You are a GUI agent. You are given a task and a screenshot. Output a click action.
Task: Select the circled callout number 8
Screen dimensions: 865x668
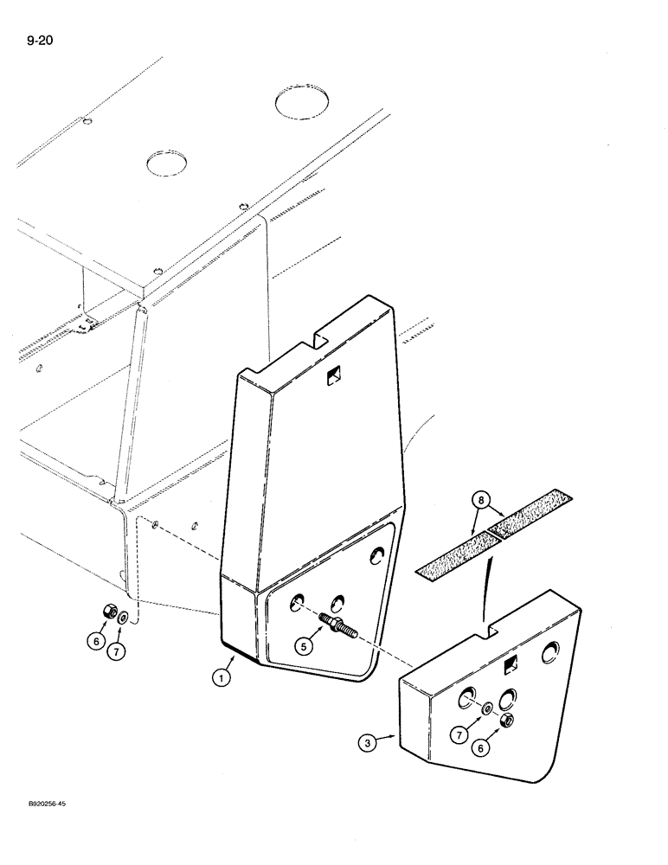(x=483, y=500)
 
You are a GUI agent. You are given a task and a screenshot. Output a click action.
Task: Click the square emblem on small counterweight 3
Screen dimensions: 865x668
(x=509, y=664)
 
